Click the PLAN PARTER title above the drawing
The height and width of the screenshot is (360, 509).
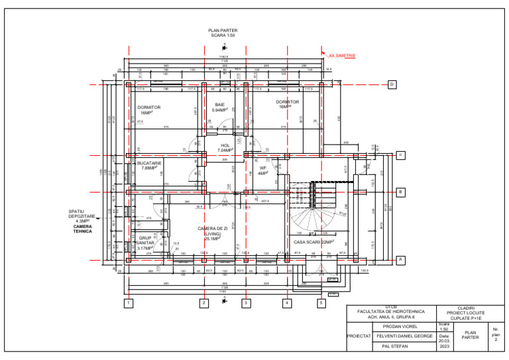[223, 30]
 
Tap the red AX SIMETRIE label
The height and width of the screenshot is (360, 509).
[342, 56]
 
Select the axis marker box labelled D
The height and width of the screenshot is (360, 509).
[392, 85]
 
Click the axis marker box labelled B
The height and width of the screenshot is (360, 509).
[400, 193]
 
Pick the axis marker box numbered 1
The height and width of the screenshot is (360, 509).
[129, 304]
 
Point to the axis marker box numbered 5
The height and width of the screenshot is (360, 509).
[321, 304]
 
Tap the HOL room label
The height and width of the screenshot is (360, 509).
[225, 145]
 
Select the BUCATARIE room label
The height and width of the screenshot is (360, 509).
[149, 162]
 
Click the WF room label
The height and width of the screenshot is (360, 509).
[263, 168]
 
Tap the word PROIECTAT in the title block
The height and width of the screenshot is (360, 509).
[359, 336]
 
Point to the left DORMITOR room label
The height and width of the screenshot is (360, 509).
[149, 107]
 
